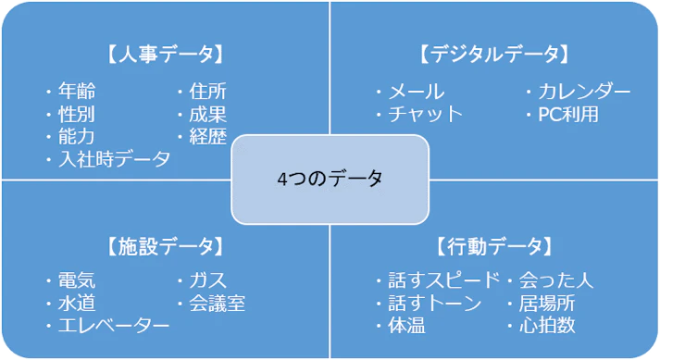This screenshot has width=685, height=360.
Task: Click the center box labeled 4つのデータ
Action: coord(330,180)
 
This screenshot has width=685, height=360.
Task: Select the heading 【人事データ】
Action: coord(167,54)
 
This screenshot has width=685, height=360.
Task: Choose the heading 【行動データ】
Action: coord(494,246)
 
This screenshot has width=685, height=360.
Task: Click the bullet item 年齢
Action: coord(76,92)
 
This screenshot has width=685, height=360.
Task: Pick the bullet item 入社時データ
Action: coord(114,159)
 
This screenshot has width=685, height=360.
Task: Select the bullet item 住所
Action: coord(207,92)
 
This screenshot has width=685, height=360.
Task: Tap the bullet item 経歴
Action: coord(207,136)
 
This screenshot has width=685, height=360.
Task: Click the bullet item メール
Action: coord(416,92)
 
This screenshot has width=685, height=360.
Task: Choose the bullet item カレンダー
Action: coord(584,92)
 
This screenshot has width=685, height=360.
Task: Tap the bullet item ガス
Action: coord(207,280)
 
